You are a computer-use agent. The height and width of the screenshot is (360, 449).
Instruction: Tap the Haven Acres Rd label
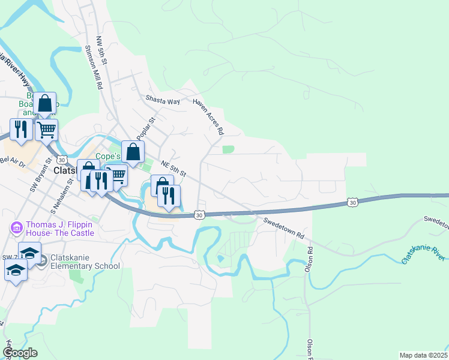point(208,116)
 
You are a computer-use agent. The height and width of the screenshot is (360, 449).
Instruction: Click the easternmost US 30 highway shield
point(353,203)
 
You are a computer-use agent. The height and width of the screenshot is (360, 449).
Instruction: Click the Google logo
point(20,353)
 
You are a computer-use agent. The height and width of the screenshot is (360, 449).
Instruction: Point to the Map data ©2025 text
point(423,355)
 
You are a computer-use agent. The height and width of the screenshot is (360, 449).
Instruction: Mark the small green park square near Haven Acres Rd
point(228,149)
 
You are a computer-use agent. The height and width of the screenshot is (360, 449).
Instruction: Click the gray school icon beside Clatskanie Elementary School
point(43,261)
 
